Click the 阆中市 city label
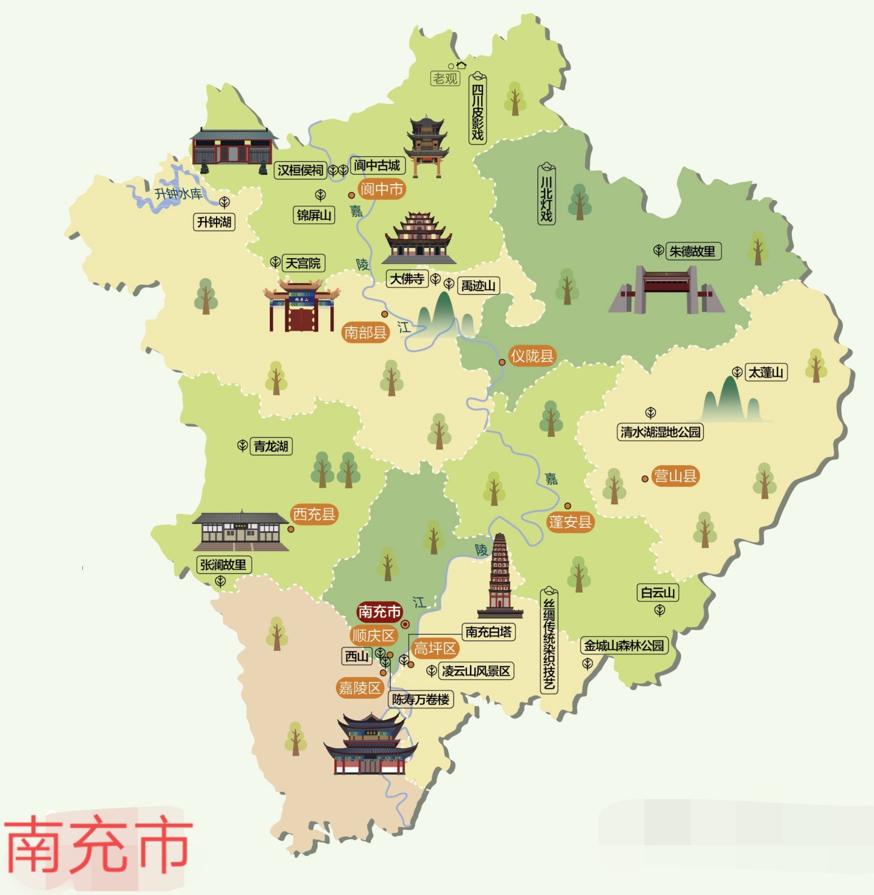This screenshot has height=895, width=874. point(381,189)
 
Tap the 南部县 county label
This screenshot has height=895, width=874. point(365,333)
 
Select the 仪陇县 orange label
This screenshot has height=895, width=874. point(531,356)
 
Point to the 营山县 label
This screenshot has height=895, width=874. point(675,476)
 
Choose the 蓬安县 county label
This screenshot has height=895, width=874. point(570,522)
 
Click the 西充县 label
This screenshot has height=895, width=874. point(314,515)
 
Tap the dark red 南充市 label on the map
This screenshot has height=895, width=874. point(379,612)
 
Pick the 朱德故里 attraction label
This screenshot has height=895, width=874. point(692,252)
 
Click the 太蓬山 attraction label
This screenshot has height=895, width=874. point(765,373)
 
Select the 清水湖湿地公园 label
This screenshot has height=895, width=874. point(660,432)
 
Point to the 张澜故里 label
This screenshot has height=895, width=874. point(223,565)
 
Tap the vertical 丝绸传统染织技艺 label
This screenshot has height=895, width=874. point(549,641)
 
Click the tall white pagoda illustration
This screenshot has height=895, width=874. point(500,575)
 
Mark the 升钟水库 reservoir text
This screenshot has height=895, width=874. point(178,194)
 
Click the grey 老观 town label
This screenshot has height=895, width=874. point(445,78)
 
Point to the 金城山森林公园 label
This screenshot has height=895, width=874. point(624,646)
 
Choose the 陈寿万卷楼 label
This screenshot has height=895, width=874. point(421,700)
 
